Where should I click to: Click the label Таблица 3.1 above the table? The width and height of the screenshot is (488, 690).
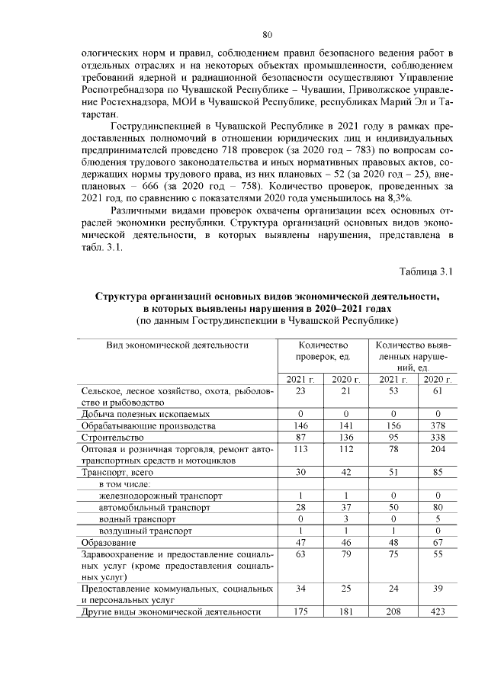426,271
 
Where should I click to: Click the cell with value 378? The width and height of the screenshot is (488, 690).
434,425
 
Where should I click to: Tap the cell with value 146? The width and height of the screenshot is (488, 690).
300,425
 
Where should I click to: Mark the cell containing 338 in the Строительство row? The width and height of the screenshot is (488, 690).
434,438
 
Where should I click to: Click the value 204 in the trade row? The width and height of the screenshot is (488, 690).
434,449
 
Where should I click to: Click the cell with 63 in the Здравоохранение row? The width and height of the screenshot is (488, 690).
300,554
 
